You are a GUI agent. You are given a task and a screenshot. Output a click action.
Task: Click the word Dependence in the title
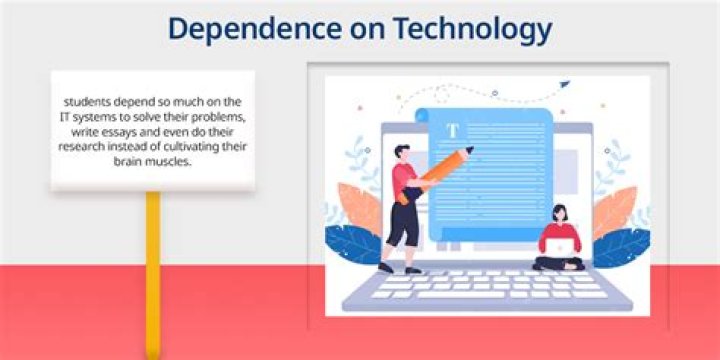click(255, 29)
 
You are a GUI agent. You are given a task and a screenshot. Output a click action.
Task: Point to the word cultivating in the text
click(199, 146)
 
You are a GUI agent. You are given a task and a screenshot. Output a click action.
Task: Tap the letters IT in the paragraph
click(65, 117)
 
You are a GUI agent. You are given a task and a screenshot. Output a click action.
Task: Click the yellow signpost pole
click(153, 275)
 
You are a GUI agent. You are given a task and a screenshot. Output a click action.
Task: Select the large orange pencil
click(434, 175)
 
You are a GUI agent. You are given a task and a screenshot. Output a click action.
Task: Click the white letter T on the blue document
click(453, 131)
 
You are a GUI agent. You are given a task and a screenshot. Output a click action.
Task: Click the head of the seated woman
click(560, 213)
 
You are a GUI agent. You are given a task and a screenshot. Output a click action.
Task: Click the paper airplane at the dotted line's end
click(564, 84)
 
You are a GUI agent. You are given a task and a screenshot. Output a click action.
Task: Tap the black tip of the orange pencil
click(470, 149)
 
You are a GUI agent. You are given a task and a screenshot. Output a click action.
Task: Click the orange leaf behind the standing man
click(360, 208)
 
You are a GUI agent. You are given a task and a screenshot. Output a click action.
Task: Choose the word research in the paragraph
click(78, 147)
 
